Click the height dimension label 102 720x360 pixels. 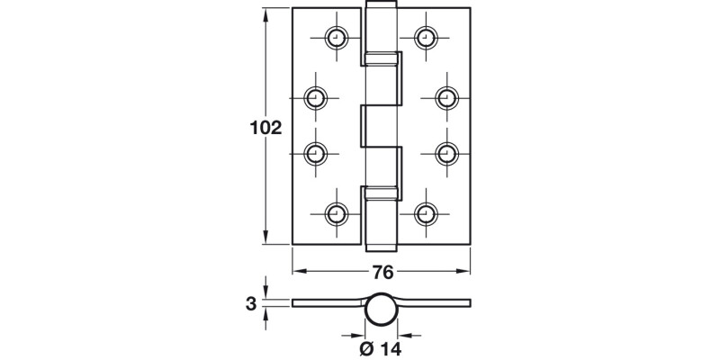coord(265,128)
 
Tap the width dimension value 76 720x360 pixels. coord(382,274)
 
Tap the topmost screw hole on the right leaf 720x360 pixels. coord(425,38)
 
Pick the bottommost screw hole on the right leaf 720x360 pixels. coord(425,213)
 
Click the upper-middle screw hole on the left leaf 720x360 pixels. coord(315,97)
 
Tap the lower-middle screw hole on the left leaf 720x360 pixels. coord(315,154)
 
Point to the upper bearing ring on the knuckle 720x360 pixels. coord(381,60)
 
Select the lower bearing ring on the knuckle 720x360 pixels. coord(381,191)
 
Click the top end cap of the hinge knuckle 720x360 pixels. coord(381,9)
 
